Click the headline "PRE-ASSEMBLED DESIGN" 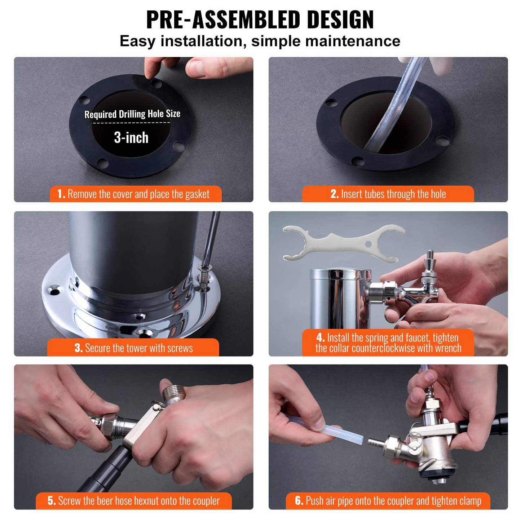260,20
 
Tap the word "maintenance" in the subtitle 353,41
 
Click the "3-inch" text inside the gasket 131,138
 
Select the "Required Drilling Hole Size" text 132,114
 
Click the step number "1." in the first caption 61,194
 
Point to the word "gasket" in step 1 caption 197,194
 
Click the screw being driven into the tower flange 204,277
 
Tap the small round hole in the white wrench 368,244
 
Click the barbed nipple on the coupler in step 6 375,442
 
